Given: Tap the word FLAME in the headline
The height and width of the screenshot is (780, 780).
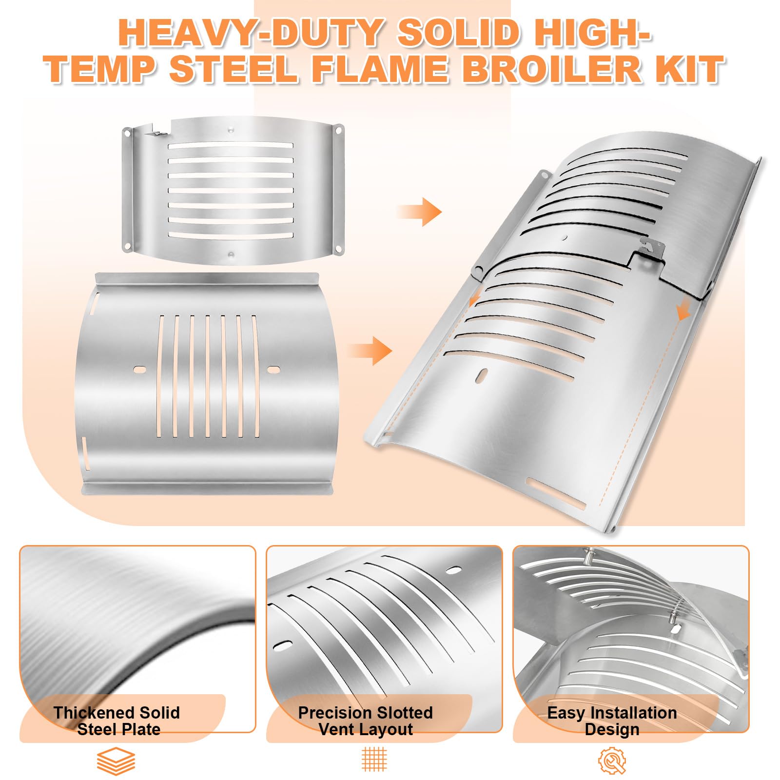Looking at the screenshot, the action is point(379,69).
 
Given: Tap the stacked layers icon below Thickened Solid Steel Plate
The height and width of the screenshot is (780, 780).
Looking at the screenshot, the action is point(116,761).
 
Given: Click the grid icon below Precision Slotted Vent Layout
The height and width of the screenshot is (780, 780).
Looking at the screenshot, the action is point(374,760).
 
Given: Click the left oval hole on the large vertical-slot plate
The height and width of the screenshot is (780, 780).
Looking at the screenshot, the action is point(139,370).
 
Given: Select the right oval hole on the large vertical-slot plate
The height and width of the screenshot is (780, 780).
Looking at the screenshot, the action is point(273,370).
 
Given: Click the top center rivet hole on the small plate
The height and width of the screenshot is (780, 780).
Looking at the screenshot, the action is point(231,130).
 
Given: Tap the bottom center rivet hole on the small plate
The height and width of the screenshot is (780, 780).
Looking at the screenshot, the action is point(231,254).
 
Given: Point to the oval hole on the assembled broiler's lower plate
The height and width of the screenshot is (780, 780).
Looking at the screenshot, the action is point(482,376).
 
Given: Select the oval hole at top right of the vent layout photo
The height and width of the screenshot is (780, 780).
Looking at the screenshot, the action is point(454,570).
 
